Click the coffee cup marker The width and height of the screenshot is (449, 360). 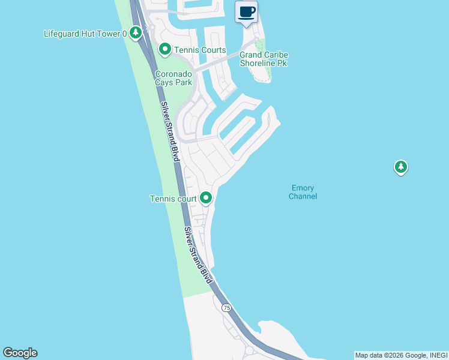(246, 12)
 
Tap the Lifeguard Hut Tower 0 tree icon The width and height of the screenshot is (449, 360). (136, 32)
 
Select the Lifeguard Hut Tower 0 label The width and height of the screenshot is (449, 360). (85, 34)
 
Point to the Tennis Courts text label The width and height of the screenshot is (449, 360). (200, 50)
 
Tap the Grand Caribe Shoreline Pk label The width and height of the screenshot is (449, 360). (264, 59)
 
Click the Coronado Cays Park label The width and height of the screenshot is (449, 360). (173, 78)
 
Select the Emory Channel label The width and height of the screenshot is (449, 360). (303, 192)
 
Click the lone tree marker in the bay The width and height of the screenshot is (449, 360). (401, 167)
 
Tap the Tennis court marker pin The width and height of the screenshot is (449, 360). (206, 197)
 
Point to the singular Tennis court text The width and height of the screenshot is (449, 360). (173, 199)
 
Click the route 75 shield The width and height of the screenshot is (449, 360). (226, 308)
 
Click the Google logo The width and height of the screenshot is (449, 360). (20, 353)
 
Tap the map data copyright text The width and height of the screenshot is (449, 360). (400, 355)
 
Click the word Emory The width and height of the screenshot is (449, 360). (303, 188)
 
